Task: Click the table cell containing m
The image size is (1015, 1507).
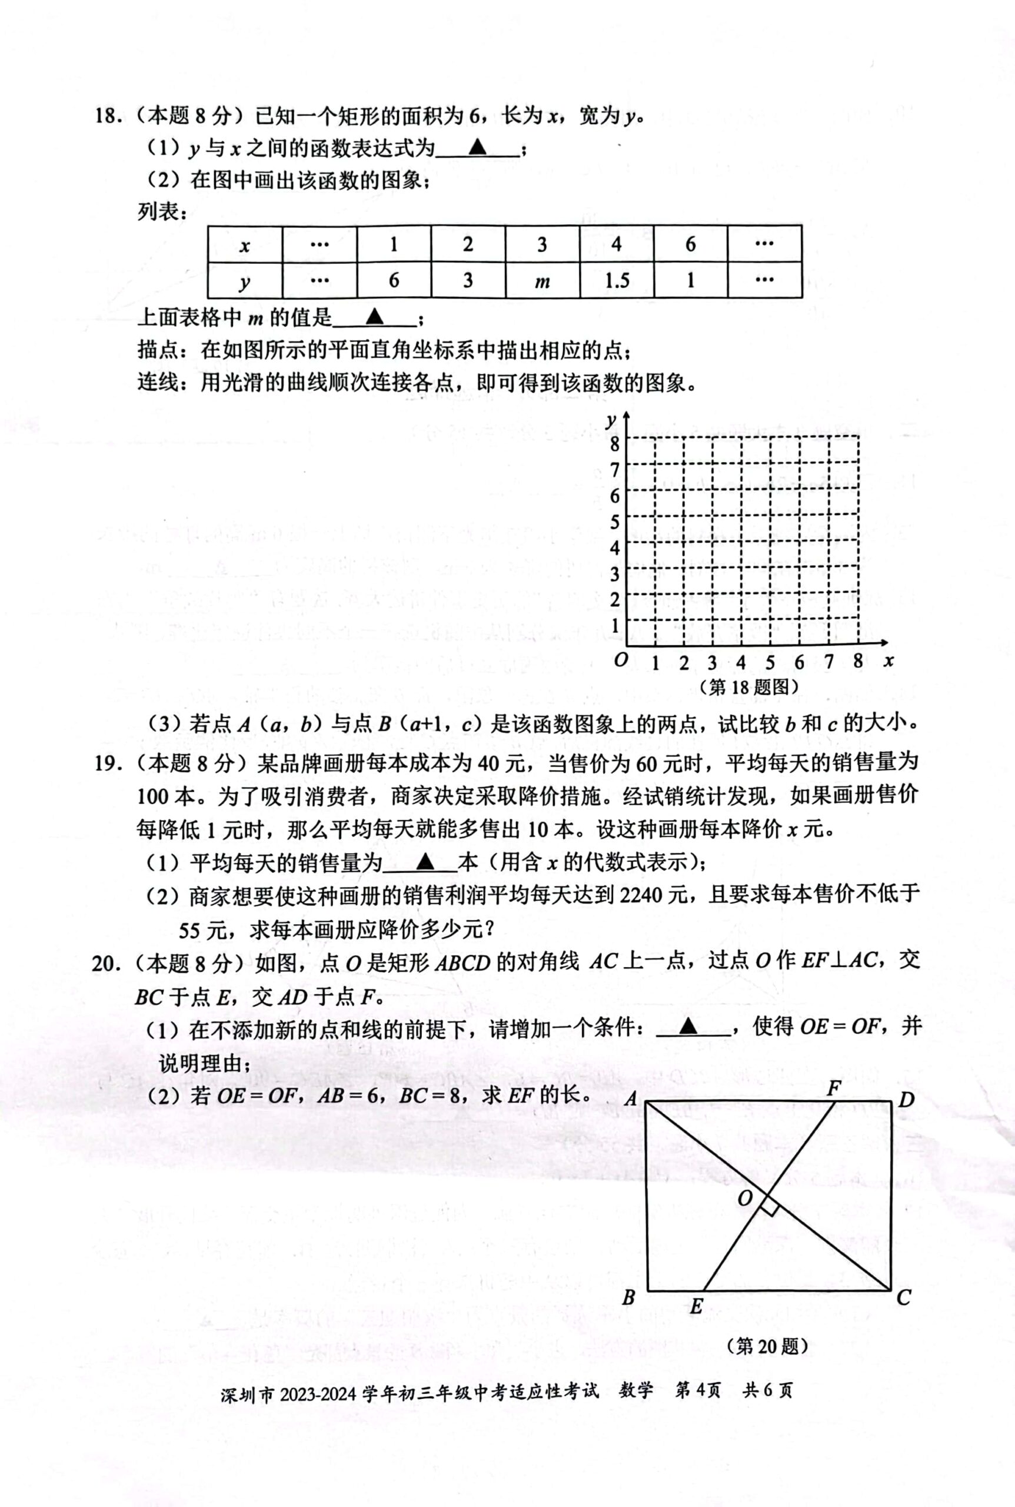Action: click(542, 281)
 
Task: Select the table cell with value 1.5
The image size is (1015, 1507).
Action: click(616, 280)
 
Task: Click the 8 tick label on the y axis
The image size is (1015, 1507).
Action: click(614, 444)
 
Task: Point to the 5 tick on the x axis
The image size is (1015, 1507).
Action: click(770, 662)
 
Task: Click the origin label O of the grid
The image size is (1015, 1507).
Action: click(620, 660)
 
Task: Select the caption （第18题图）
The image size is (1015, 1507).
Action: click(749, 686)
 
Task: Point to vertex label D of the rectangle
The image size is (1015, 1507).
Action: click(906, 1100)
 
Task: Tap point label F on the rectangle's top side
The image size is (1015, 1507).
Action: click(834, 1088)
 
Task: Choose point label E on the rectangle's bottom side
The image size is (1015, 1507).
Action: click(696, 1307)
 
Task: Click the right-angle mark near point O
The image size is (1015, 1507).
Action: click(769, 1205)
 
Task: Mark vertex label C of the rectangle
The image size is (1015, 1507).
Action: click(904, 1297)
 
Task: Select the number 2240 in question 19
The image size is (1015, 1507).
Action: click(641, 895)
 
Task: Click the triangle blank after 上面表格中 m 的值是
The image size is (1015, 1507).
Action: click(374, 317)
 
